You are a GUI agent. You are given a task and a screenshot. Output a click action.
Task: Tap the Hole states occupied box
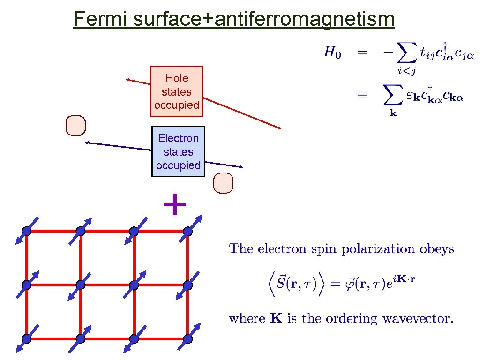pyautogui.click(x=177, y=91)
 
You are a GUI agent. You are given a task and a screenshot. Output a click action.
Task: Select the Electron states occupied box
pyautogui.click(x=178, y=151)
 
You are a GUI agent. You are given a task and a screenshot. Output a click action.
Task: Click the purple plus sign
pyautogui.click(x=174, y=205)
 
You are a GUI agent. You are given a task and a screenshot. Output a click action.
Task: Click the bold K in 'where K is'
pyautogui.click(x=277, y=319)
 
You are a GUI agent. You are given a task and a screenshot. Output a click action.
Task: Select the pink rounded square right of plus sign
pyautogui.click(x=223, y=183)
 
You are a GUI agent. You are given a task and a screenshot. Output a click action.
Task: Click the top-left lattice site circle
pyautogui.click(x=27, y=231)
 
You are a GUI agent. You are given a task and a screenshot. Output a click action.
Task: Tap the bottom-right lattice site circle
pyautogui.click(x=188, y=338)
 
